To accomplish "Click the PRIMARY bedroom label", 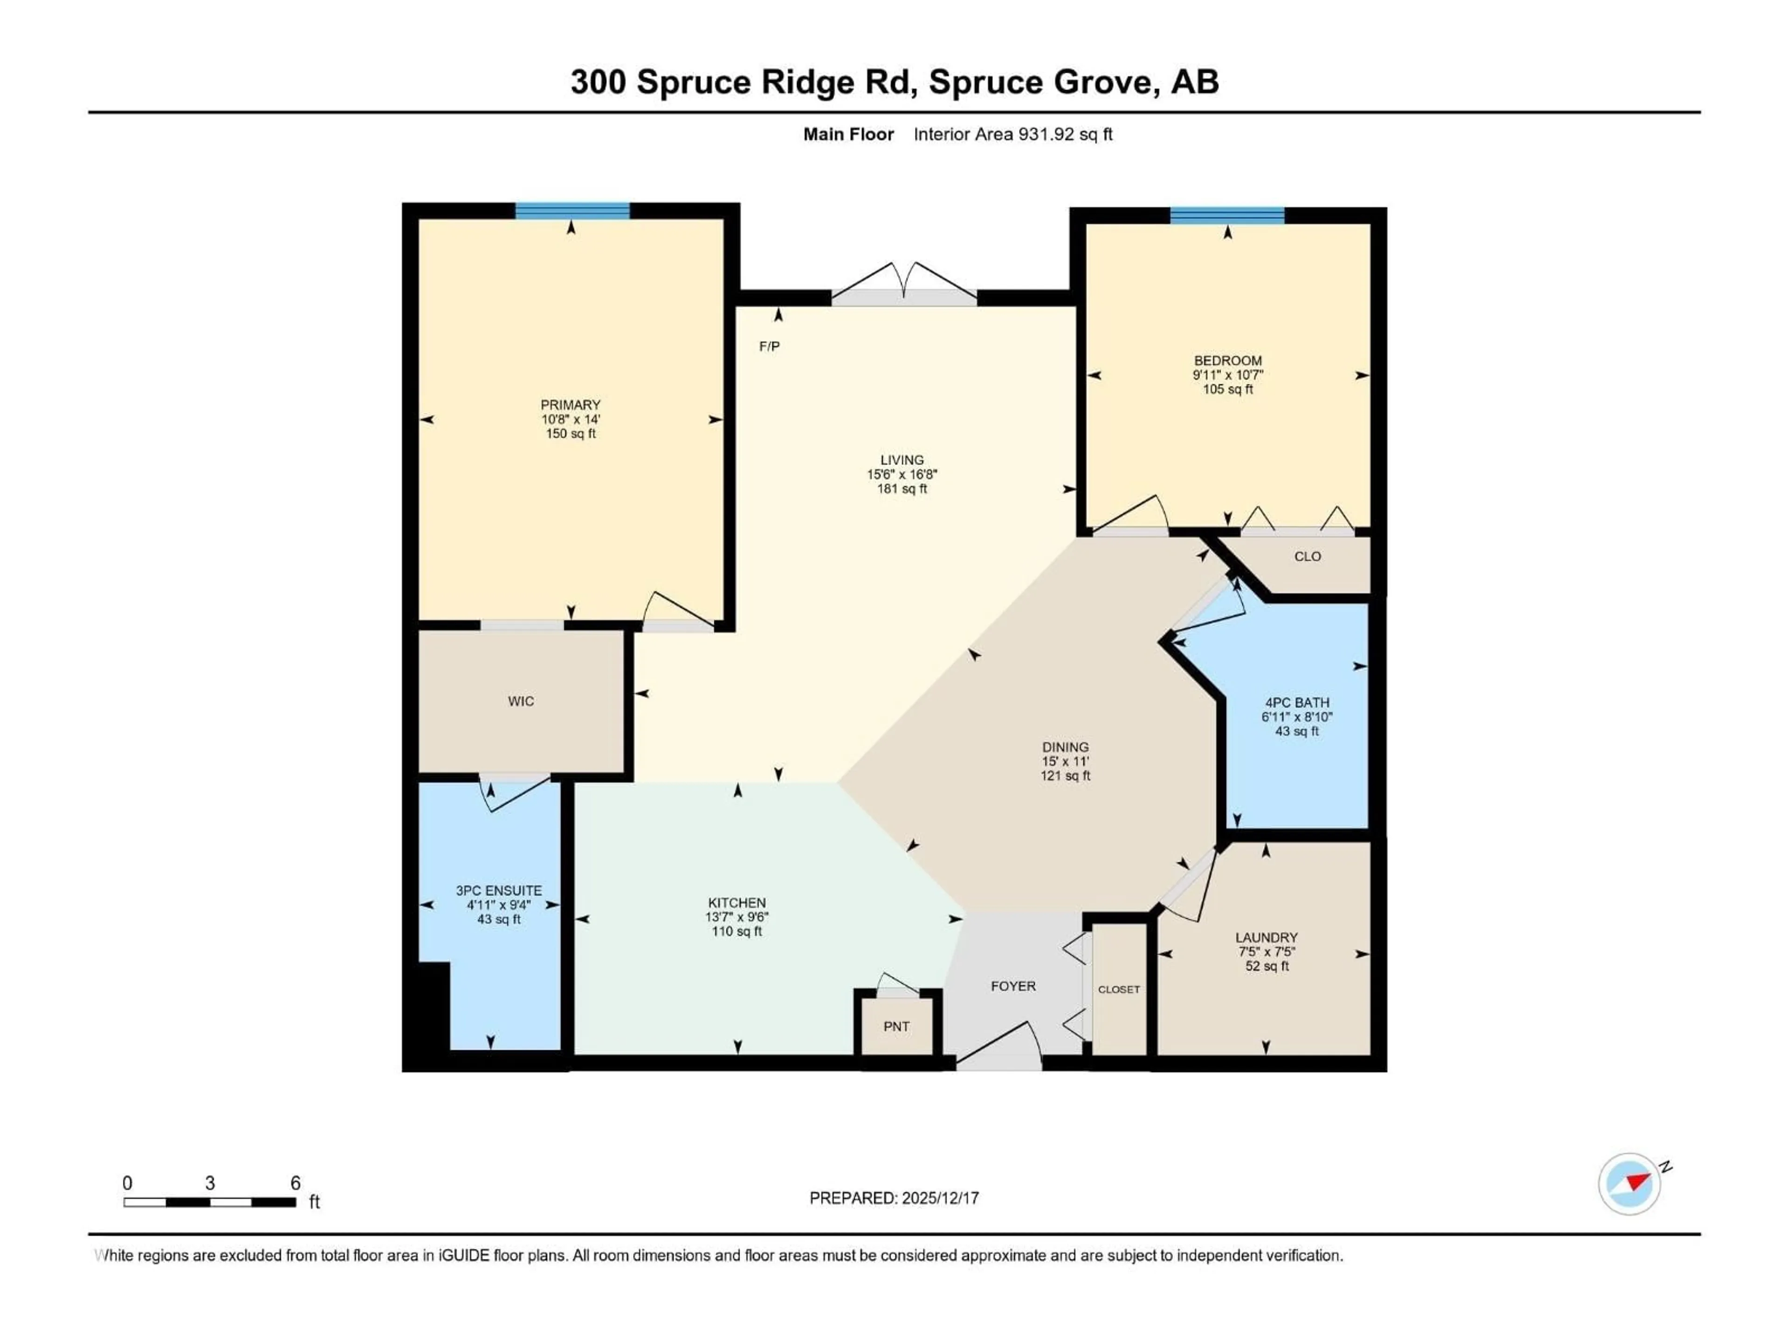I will [571, 405].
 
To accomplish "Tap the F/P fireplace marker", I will [769, 346].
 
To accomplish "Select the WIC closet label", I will [520, 701].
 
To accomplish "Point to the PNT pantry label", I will [896, 1026].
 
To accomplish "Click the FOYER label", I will [1012, 986].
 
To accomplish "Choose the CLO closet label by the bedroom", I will [1307, 556].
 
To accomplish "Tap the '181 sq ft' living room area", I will [902, 489].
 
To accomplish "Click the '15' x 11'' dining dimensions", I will [1065, 762].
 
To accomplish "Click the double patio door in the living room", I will [904, 287].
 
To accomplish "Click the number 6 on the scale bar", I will [296, 1183].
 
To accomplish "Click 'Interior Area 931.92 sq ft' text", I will [1012, 134].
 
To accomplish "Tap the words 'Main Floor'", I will [848, 134].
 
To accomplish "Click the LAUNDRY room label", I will [1266, 937].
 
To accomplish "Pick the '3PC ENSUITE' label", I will [498, 891].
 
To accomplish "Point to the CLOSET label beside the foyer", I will [1118, 989].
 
